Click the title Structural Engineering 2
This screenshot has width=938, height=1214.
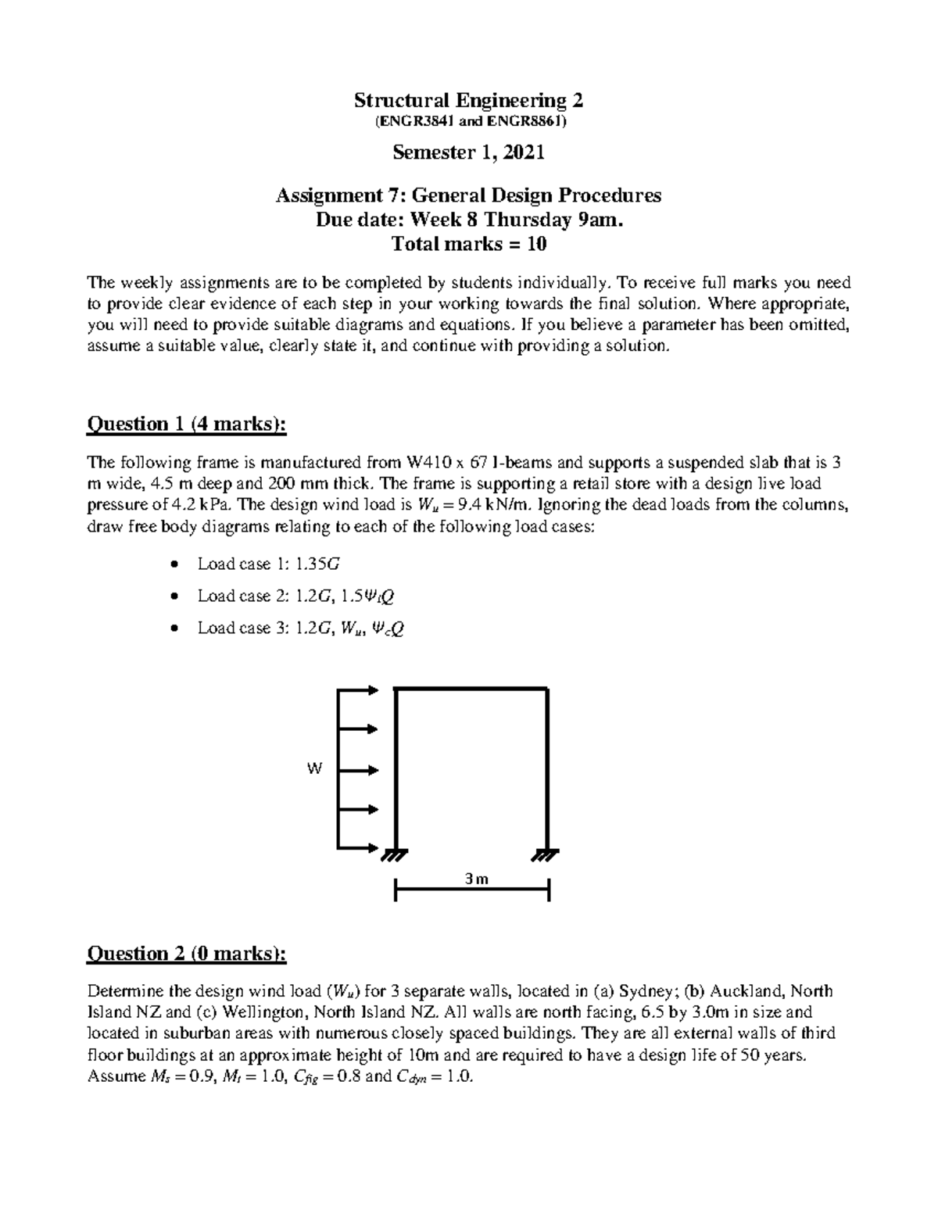coord(468,101)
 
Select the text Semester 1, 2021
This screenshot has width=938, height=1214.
coord(468,152)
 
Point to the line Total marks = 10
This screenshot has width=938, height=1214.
coord(468,245)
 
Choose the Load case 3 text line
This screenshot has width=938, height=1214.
coord(301,628)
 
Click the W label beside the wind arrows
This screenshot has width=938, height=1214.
coord(314,769)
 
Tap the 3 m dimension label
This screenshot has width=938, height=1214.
coord(476,879)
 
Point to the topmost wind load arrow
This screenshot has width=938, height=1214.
coord(359,689)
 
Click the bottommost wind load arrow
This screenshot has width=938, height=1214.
coord(359,847)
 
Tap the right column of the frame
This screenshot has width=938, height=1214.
coord(546,766)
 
